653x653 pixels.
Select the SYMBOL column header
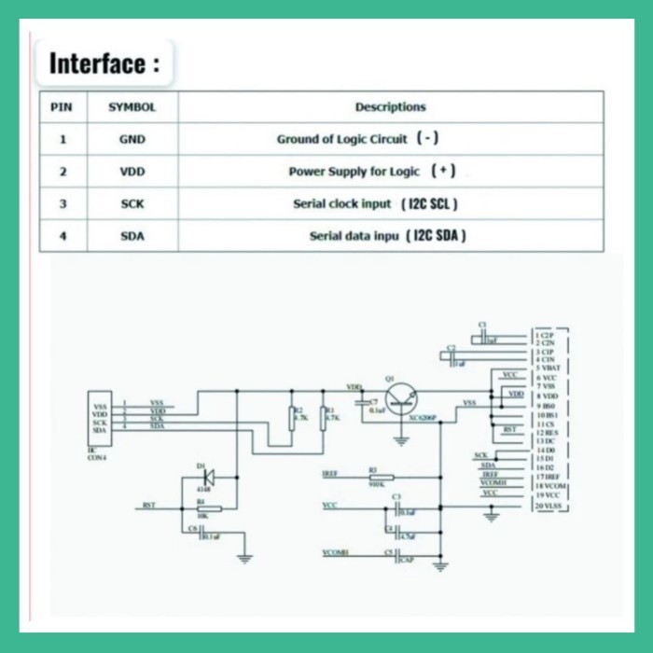132,107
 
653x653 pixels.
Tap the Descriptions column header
390,107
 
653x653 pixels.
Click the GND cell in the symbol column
132,140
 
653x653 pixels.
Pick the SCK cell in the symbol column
132,203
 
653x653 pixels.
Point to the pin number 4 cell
63,236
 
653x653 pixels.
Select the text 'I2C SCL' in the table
430,203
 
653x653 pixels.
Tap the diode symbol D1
207,477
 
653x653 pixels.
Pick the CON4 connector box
100,421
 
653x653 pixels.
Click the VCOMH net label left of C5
335,552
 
